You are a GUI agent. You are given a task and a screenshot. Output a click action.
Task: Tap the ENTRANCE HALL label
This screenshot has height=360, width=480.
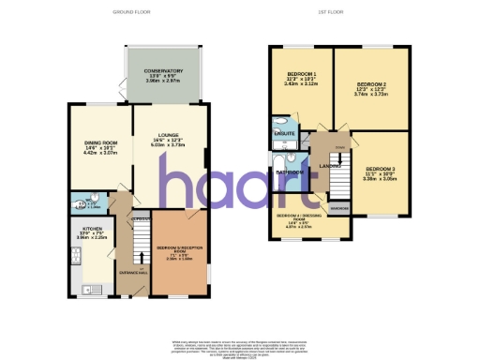click(130, 273)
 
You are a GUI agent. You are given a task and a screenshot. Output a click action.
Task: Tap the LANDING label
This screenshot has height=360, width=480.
click(329, 167)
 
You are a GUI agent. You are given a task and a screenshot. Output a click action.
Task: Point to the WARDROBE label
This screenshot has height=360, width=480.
click(339, 207)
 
